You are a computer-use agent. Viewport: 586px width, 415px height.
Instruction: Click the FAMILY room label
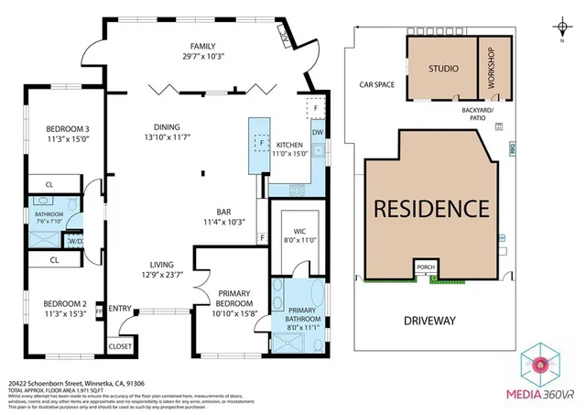pyautogui.click(x=201, y=47)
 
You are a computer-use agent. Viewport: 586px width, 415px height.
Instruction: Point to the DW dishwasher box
pyautogui.click(x=317, y=132)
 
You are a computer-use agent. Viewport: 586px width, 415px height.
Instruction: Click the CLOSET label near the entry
pyautogui.click(x=120, y=346)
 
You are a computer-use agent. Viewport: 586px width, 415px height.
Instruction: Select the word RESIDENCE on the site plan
pyautogui.click(x=431, y=207)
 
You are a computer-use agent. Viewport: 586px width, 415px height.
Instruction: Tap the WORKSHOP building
pyautogui.click(x=492, y=69)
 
